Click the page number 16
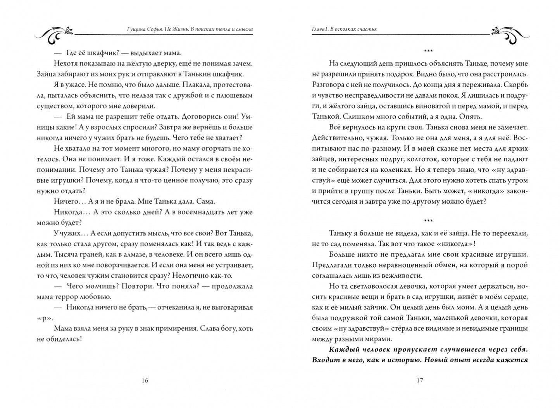click(145, 380)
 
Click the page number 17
click(419, 380)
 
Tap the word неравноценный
click(398, 265)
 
